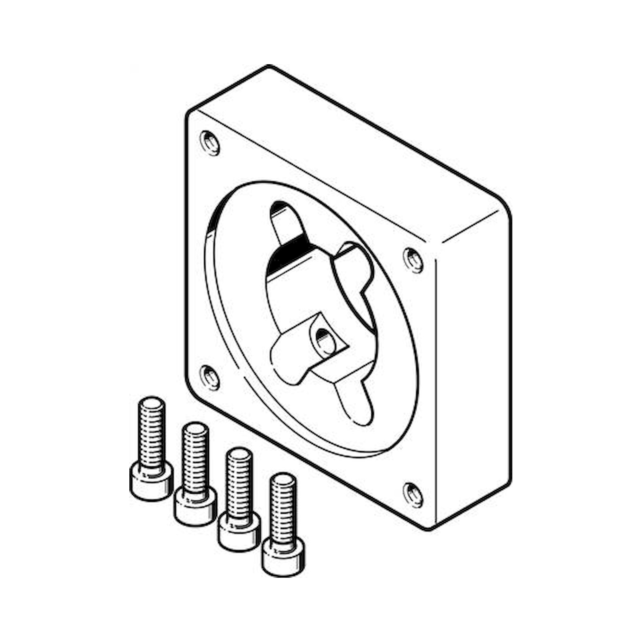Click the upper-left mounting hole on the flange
(210, 143)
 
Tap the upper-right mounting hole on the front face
(413, 260)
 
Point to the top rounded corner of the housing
(269, 67)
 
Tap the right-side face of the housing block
(473, 382)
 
